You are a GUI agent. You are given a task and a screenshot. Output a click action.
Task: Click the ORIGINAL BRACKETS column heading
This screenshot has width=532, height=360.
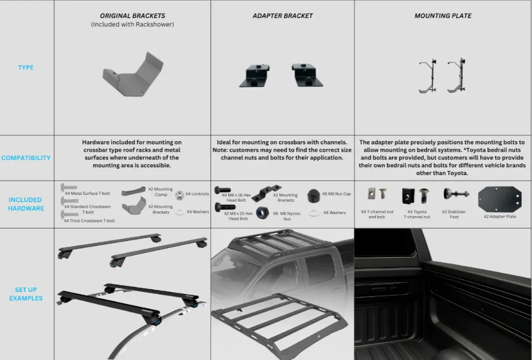coord(132,16)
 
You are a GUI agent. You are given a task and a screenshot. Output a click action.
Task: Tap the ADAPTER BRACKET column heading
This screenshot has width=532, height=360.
coord(283,16)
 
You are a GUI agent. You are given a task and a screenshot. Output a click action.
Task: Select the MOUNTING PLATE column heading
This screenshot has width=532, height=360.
coord(443,16)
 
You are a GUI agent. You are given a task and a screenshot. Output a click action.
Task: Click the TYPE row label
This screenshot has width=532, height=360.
coord(26,67)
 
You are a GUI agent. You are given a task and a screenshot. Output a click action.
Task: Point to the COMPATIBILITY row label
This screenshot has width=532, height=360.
coord(26,158)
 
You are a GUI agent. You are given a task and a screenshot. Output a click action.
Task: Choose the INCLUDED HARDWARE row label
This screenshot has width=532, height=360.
coord(26,204)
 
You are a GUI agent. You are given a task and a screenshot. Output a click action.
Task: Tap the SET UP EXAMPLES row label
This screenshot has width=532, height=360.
coord(26,294)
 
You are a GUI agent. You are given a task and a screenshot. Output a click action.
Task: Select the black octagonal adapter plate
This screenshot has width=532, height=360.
coord(499,199)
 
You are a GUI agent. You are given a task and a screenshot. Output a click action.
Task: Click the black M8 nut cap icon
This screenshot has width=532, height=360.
coord(313,195)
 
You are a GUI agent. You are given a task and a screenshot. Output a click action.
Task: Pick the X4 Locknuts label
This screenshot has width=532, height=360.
coord(197,194)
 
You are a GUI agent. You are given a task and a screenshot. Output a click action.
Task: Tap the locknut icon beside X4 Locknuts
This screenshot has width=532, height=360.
coord(179,195)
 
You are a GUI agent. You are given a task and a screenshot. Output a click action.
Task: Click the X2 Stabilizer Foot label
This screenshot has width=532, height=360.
coord(454,214)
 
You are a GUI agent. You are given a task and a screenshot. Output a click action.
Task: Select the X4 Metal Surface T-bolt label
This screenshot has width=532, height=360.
coord(87,193)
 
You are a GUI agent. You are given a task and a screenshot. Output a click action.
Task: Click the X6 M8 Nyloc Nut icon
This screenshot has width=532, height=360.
coord(262,213)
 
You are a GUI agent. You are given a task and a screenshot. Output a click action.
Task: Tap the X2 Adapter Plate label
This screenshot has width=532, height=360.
coord(500,217)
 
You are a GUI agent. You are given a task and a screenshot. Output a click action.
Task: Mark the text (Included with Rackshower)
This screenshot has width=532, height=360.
coord(132,24)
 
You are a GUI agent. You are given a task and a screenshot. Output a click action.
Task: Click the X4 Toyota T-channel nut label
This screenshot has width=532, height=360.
coord(417,214)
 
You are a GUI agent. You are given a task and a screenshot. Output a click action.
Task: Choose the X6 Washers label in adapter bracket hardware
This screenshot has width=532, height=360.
coord(334,213)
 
